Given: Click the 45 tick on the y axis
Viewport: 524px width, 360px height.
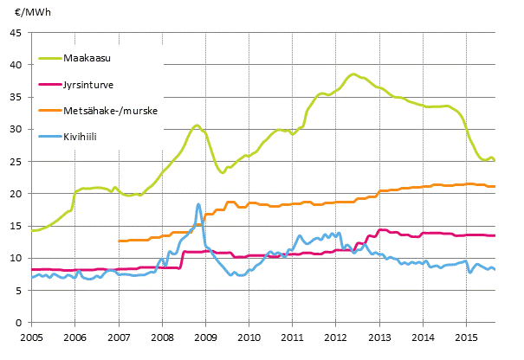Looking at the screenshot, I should pos(16,33).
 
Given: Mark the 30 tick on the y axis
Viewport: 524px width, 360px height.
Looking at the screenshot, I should pos(16,130).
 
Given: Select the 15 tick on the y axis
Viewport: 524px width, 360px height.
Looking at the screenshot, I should pos(16,227).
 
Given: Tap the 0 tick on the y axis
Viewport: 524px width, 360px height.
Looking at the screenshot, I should pos(18,323).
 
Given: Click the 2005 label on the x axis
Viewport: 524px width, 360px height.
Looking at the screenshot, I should pos(31,336).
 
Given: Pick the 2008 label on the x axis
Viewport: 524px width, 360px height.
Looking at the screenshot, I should pos(162,336).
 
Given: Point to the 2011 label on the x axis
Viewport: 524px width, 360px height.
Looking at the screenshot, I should pos(292,336).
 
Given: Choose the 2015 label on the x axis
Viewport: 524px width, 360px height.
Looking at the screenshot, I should pos(466,336).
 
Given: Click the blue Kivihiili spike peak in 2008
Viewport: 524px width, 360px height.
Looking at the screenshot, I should pos(198,204).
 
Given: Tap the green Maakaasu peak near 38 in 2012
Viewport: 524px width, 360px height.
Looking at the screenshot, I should pos(353,74).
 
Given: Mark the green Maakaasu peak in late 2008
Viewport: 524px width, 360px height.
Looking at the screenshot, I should pos(197,125).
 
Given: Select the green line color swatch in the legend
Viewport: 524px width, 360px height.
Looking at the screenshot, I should pos(50,59).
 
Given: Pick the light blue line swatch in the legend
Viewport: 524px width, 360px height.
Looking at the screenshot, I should pos(50,136).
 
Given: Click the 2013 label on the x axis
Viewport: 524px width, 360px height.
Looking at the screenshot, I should pos(379,336).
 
